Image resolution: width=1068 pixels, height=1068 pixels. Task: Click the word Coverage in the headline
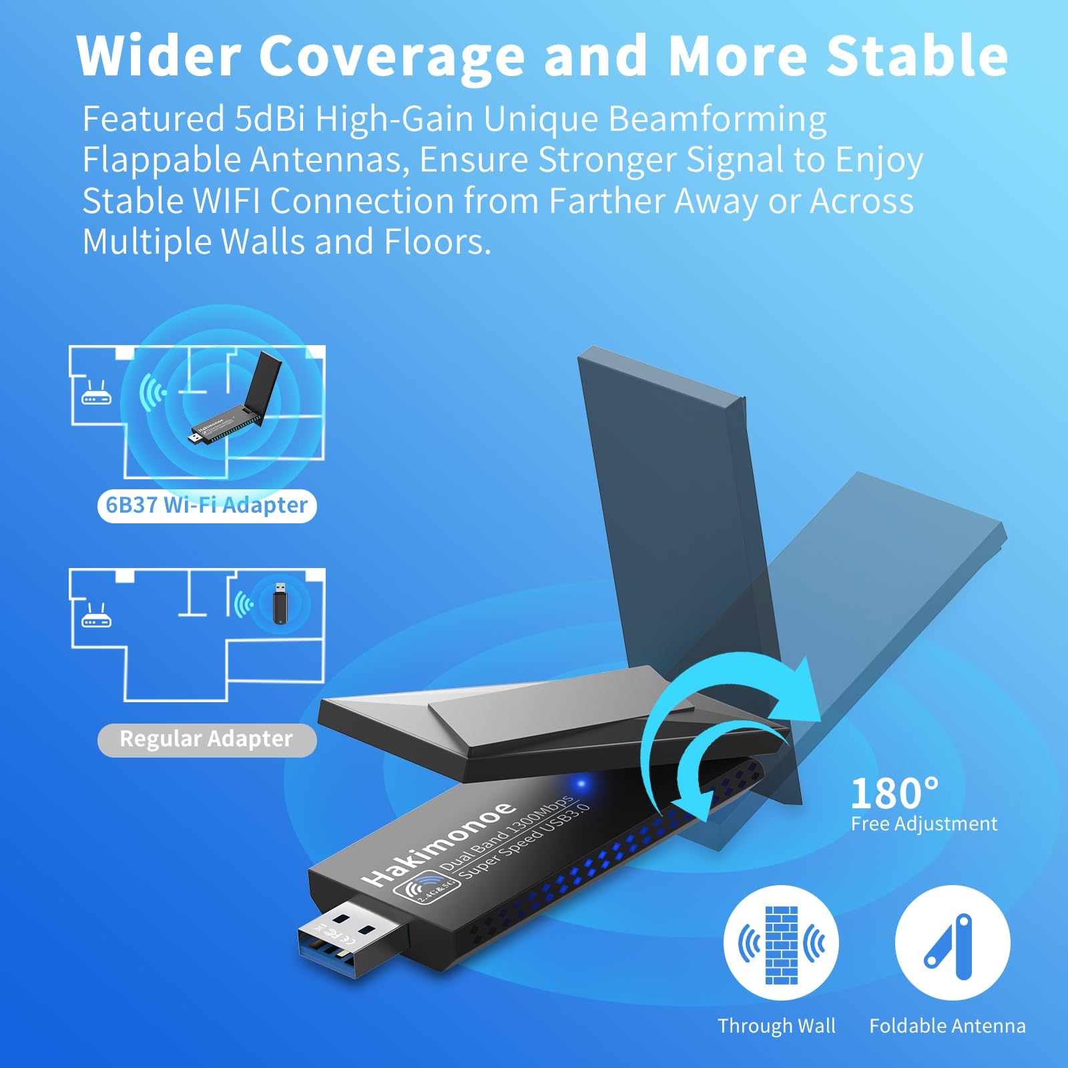coord(392,57)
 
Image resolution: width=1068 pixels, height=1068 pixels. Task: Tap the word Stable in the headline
coord(917,56)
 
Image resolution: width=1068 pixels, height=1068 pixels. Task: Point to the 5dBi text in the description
coord(270,119)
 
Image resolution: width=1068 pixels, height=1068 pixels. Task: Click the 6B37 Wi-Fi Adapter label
coord(207,505)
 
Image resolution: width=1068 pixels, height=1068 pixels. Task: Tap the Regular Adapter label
coord(206,739)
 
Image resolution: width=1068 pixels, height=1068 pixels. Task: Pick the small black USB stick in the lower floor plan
coord(280,603)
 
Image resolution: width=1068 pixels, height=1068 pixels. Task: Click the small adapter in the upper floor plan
coord(237,407)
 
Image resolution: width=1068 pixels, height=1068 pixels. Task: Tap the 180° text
coord(894,794)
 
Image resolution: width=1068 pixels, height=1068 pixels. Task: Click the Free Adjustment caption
coord(924,824)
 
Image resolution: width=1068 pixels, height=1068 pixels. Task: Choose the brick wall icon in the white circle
coord(782,944)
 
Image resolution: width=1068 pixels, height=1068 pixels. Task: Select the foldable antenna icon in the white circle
coord(952,944)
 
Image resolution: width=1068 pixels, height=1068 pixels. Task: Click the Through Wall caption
coord(776,1026)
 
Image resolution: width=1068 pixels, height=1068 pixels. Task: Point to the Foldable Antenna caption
coord(947,1026)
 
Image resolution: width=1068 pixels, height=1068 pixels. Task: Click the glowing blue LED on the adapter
coord(581,784)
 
